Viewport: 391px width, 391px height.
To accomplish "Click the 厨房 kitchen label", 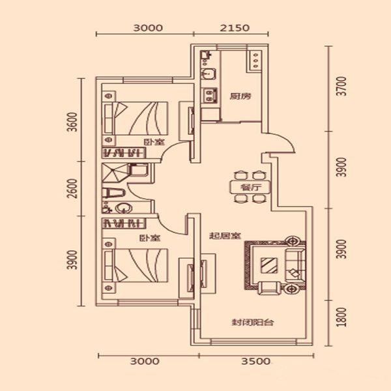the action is [240, 96].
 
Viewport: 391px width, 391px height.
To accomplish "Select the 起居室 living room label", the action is [225, 235].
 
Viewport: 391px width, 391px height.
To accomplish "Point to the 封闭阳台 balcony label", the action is [253, 322].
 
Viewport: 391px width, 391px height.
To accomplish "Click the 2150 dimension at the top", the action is [235, 27].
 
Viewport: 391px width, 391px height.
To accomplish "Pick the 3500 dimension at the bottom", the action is [256, 361].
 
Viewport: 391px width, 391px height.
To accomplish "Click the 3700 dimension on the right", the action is [341, 86].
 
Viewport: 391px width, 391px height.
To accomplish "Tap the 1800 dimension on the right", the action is [341, 317].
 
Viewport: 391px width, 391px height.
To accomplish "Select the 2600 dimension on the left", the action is [72, 188].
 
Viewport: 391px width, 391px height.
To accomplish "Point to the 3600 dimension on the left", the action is [72, 123].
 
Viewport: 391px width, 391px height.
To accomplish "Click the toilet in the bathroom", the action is [113, 194].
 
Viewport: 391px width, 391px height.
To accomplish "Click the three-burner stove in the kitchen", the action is [255, 60].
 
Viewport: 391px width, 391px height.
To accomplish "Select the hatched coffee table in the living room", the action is [269, 265].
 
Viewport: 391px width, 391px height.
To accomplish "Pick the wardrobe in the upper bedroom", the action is [124, 152].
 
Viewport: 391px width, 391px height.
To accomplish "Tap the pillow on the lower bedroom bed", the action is [109, 265].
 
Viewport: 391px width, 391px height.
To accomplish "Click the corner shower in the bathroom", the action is [115, 173].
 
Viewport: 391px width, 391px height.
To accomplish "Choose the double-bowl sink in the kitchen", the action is [209, 96].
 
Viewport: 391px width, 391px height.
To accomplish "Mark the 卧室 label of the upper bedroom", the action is [154, 142].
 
